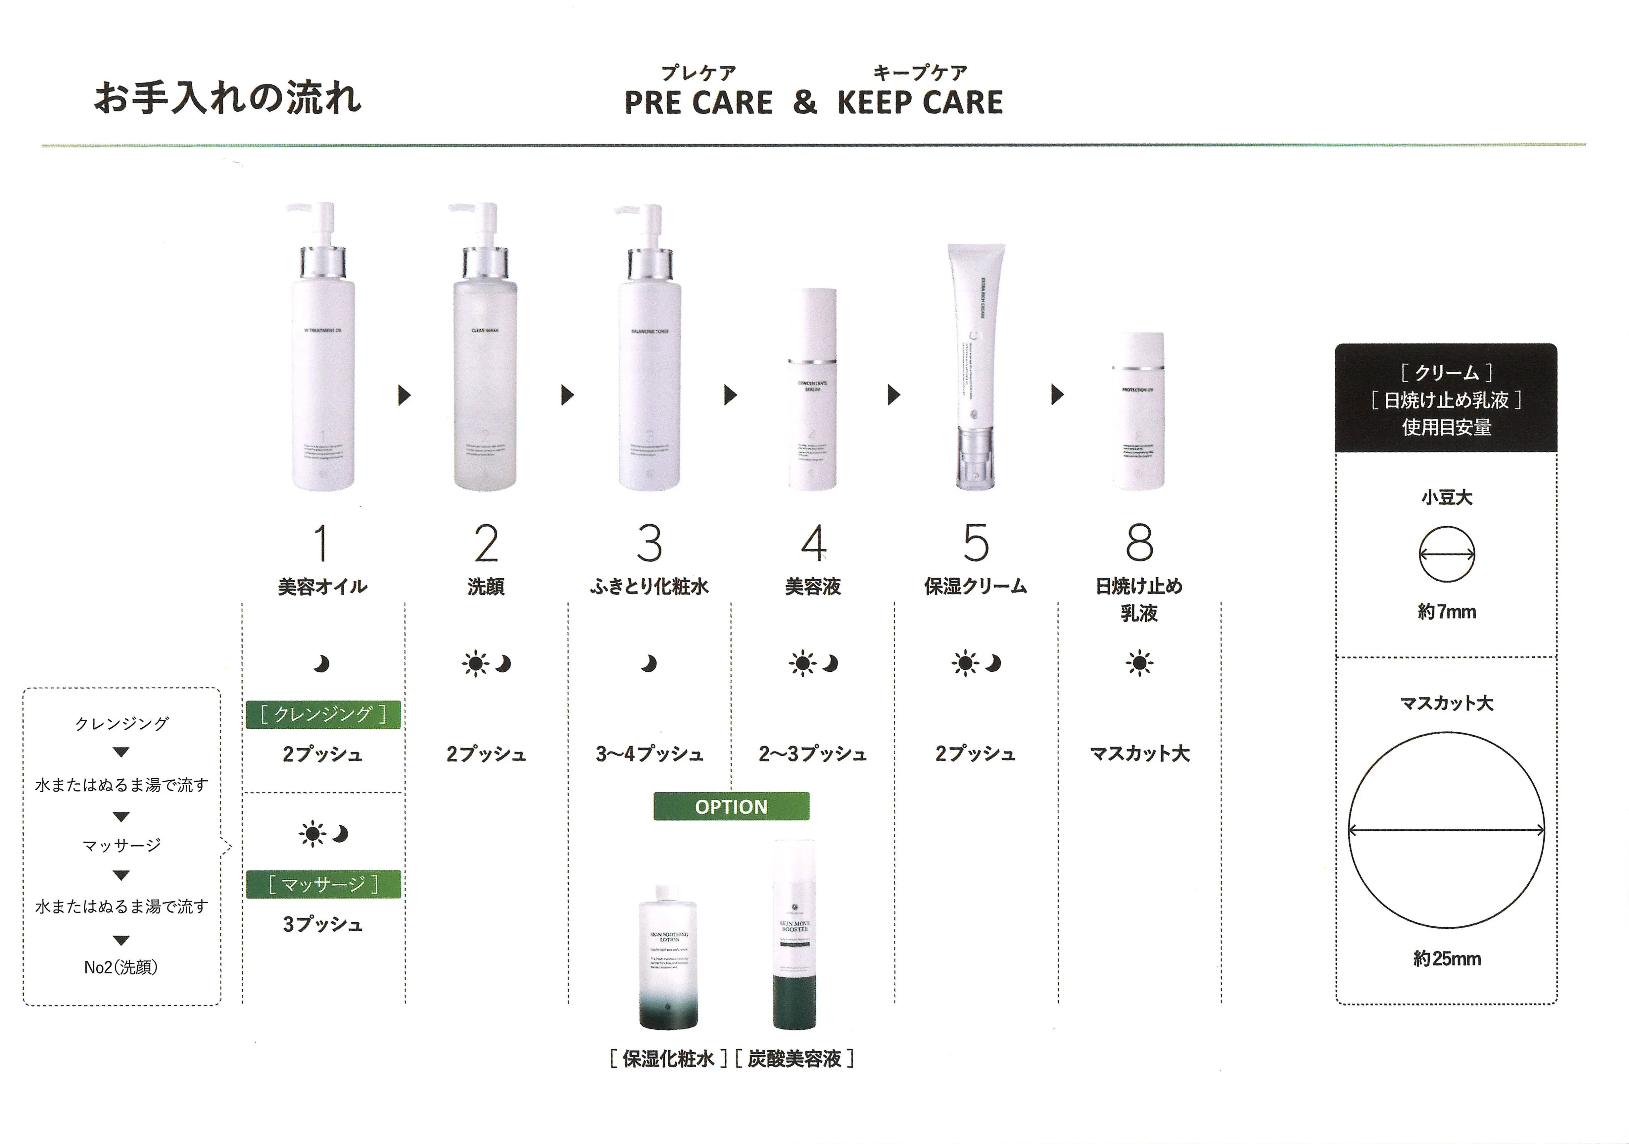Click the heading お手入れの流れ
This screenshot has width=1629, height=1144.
tap(228, 98)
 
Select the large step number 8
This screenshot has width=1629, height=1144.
tap(1139, 543)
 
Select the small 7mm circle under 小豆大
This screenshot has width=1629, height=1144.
tap(1447, 554)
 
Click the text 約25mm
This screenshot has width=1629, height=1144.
tap(1447, 959)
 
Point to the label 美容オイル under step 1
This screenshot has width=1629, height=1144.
tap(323, 587)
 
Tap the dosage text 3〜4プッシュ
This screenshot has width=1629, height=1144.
tap(649, 754)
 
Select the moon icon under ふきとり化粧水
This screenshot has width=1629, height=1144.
tap(649, 663)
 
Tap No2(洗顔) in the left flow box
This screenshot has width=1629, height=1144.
tap(120, 967)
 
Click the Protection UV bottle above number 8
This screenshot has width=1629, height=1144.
tap(1138, 412)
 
